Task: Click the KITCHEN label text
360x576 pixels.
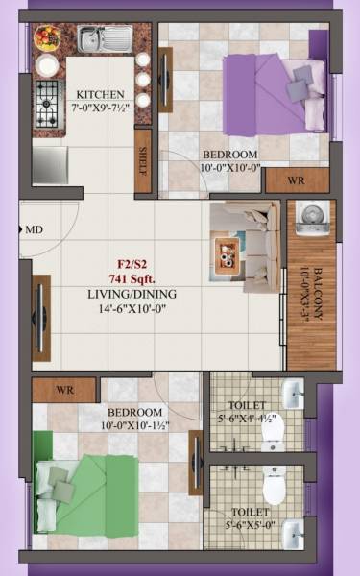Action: [101, 94]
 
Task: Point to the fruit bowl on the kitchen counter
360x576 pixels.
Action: [46, 38]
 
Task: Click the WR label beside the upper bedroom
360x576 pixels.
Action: [297, 180]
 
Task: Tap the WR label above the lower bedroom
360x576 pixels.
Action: [64, 391]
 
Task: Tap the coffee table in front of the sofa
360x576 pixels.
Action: [229, 252]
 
